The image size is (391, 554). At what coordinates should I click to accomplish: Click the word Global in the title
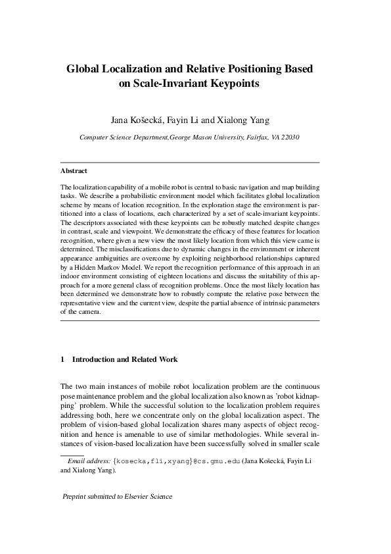coord(85,68)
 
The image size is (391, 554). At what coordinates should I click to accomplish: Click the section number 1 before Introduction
coord(62,360)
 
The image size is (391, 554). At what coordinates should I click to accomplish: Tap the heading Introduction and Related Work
coord(125,360)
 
